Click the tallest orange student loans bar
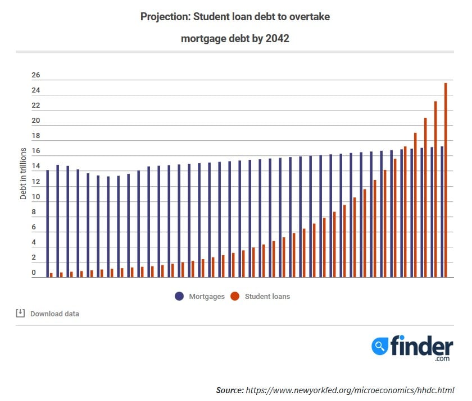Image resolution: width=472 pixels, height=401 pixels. point(446,179)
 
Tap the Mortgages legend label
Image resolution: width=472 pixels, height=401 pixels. point(207,296)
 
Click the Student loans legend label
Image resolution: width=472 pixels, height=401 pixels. point(267,296)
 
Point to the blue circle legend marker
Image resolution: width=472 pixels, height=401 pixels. point(179,296)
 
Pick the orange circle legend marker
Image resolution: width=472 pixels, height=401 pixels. point(235,296)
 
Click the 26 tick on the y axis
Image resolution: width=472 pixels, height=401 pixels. point(36,76)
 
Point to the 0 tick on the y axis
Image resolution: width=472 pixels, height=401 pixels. point(34,273)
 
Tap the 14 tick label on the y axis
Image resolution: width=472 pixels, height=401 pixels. point(36,167)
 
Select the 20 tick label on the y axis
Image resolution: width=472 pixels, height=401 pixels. point(36,121)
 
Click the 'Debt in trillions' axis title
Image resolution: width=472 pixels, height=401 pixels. point(24,174)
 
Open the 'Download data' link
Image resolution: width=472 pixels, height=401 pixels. point(55,314)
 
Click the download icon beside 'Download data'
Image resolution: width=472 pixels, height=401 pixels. point(20,313)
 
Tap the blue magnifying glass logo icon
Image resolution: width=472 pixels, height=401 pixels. point(380,346)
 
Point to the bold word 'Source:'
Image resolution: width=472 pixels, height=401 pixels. point(229,390)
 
